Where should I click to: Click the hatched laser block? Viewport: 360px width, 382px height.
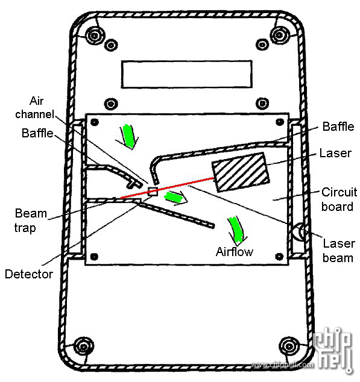[x=241, y=172]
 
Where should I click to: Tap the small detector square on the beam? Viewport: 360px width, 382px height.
[x=153, y=192]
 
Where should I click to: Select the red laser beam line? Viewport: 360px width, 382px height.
[x=167, y=188]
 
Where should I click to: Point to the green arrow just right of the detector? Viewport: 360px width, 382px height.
[x=175, y=197]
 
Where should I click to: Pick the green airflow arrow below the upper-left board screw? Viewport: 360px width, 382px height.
[x=127, y=136]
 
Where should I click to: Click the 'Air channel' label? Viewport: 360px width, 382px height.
[x=34, y=107]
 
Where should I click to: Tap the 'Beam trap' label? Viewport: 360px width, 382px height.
[x=30, y=221]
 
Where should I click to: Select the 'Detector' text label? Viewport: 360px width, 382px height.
[x=29, y=274]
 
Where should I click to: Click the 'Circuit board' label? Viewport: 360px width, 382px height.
[x=339, y=199]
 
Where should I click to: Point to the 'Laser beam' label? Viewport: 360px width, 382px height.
[x=338, y=251]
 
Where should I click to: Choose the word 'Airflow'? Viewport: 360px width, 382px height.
[x=235, y=252]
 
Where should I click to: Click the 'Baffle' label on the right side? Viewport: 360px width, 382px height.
[x=338, y=127]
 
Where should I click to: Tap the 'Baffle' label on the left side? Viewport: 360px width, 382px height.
[x=37, y=133]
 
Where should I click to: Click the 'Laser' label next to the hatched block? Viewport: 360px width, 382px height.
[x=335, y=153]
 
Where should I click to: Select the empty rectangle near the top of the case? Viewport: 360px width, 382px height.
[x=187, y=74]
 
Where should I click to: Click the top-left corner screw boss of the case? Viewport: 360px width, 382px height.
[x=95, y=36]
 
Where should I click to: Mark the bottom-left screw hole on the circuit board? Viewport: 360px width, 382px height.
[x=94, y=256]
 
